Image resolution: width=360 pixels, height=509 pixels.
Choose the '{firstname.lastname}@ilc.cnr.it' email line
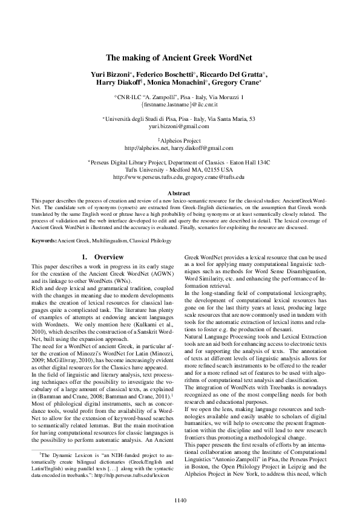180,105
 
